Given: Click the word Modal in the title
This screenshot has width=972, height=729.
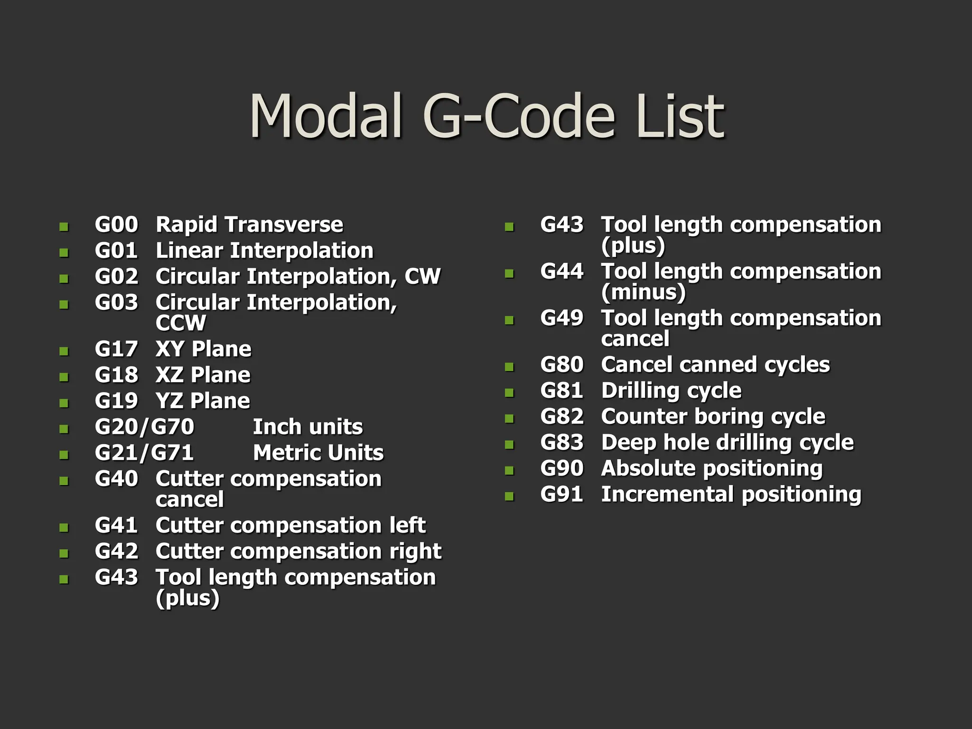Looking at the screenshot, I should pyautogui.click(x=326, y=116).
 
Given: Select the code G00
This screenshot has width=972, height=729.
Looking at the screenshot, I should pyautogui.click(x=116, y=224).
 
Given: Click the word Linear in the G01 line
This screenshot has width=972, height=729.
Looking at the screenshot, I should pyautogui.click(x=189, y=251).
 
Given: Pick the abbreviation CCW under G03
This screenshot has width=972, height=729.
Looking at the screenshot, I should pyautogui.click(x=180, y=323).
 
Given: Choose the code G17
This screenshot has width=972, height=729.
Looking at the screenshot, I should pyautogui.click(x=116, y=349).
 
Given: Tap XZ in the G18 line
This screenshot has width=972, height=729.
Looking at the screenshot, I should pyautogui.click(x=169, y=375).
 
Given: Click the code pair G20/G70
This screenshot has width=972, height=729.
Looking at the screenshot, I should pyautogui.click(x=144, y=427).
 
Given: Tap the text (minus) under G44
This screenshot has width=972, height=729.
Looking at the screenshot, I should pyautogui.click(x=643, y=292).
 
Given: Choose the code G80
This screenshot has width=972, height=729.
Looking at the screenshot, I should pyautogui.click(x=561, y=365).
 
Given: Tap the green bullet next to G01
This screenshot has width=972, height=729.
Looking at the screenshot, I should pyautogui.click(x=64, y=253).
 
